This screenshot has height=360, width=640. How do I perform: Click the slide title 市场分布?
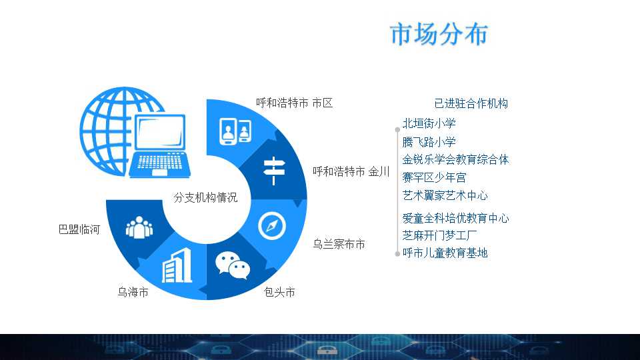point(439,33)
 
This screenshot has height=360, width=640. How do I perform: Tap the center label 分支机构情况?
point(205,197)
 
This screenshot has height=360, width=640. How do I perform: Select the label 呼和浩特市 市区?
point(294,103)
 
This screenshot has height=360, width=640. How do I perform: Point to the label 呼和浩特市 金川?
point(351,171)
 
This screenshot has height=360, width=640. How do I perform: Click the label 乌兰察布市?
point(339,244)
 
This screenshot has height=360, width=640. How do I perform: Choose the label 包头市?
point(279,292)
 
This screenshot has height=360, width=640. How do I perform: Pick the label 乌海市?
point(133,292)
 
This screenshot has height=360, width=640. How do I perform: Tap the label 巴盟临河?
point(79,229)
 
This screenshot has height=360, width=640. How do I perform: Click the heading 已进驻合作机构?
point(471,103)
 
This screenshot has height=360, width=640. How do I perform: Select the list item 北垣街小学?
point(429,123)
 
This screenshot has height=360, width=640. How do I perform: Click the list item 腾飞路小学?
point(429,141)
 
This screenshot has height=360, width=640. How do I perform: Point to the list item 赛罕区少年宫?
point(434,177)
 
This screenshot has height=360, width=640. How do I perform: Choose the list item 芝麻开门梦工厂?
point(439,235)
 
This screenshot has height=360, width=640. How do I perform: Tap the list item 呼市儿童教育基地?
point(445,253)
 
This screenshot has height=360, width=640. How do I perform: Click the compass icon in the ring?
point(272,226)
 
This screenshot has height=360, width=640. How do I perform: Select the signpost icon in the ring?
point(274,171)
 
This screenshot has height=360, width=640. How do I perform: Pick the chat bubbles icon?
point(233,266)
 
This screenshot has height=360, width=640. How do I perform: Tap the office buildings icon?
point(177,265)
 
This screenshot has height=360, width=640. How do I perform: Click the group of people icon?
point(139,227)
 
